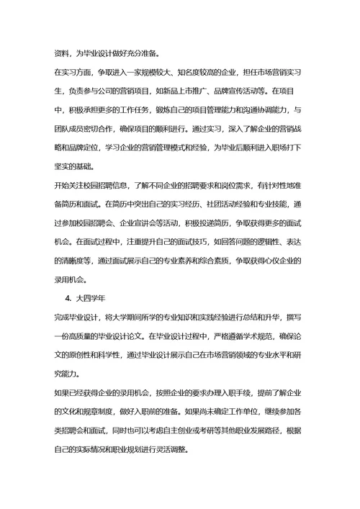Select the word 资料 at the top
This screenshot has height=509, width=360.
[x=62, y=53]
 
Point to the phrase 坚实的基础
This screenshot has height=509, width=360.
[x=75, y=166]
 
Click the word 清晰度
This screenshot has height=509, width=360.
[x=79, y=259]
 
